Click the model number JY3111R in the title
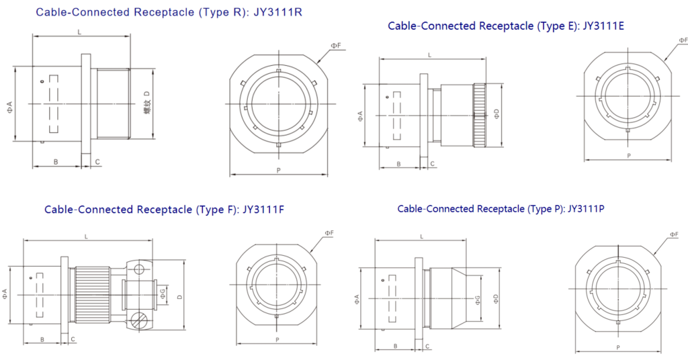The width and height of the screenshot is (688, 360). [277, 12]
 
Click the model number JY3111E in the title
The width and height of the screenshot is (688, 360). [603, 26]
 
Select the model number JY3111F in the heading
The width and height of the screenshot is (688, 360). [263, 209]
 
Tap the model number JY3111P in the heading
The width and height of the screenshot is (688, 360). [586, 209]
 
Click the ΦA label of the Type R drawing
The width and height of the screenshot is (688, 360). [9, 107]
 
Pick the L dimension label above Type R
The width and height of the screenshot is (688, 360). [79, 32]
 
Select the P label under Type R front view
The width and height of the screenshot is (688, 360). [279, 170]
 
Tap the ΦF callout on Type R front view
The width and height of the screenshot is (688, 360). [336, 45]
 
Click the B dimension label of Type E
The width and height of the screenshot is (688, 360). [398, 164]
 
